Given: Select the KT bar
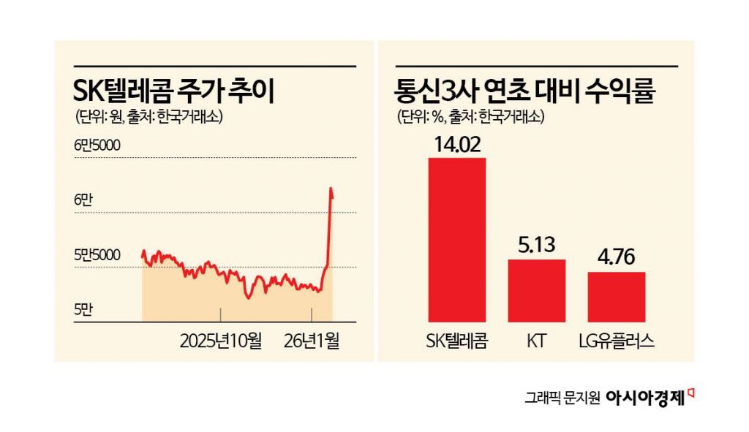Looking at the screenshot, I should coord(536,290).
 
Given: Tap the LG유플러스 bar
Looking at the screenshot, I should coord(616,297).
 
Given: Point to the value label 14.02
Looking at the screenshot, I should coord(456,143).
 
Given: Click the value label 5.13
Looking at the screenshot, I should coord(536,245).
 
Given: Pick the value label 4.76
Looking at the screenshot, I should coord(616,257).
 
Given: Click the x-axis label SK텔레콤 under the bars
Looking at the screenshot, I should coord(456,340).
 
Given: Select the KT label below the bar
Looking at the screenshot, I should coord(536,340).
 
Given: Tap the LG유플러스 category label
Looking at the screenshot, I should coord(616,340).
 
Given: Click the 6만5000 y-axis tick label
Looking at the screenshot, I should coord(97,145).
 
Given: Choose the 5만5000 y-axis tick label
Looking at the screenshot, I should coord(97,255).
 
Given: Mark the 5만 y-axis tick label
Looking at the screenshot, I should coord(83,310).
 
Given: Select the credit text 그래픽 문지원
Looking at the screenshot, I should coord(562,398).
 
